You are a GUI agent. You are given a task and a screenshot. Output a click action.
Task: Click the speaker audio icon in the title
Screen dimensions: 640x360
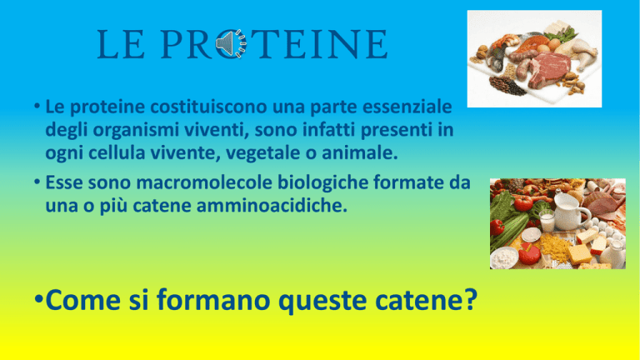231,43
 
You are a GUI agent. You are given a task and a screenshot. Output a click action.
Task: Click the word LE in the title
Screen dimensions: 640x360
121,44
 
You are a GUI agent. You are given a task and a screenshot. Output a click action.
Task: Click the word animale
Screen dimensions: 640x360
360,153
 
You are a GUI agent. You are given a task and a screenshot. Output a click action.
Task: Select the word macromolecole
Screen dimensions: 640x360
203,182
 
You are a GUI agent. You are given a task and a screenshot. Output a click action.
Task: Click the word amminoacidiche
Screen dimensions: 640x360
272,205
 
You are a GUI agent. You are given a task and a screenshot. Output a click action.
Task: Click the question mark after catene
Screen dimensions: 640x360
472,300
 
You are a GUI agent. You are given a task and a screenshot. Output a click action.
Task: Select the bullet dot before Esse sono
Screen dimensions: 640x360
37,182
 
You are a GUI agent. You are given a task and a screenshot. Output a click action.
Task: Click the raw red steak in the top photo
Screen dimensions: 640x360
548,68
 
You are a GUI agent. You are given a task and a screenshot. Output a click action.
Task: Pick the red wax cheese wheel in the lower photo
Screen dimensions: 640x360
529,254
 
